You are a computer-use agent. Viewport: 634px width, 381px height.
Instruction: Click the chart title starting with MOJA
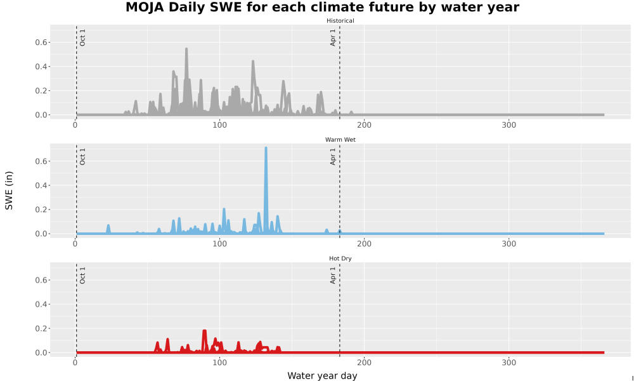[x=322, y=7]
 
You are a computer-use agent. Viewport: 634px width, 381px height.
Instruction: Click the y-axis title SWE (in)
[x=9, y=190]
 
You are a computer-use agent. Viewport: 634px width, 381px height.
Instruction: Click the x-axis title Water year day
[x=322, y=376]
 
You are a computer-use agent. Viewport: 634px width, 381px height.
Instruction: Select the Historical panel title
[x=340, y=21]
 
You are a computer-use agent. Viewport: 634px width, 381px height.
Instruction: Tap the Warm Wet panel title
[x=340, y=140]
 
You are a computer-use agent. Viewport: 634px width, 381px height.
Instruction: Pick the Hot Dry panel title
[x=340, y=258]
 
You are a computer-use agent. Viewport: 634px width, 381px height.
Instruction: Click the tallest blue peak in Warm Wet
[x=266, y=148]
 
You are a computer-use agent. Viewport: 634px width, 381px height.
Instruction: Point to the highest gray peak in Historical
[x=186, y=50]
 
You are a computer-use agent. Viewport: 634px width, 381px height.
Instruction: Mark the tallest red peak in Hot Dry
[x=204, y=331]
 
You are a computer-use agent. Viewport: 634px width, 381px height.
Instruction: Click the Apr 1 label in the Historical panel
[x=333, y=37]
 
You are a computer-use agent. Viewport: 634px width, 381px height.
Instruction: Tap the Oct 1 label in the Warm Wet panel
[x=82, y=156]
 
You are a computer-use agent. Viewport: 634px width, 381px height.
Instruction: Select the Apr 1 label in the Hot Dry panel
[x=333, y=275]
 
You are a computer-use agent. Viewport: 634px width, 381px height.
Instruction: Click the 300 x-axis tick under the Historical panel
[x=508, y=125]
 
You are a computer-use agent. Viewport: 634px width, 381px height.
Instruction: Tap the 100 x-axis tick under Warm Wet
[x=219, y=244]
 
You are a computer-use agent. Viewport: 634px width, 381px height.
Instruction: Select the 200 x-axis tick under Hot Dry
[x=364, y=363]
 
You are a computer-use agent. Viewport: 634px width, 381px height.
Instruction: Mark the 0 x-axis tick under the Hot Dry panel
[x=75, y=363]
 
